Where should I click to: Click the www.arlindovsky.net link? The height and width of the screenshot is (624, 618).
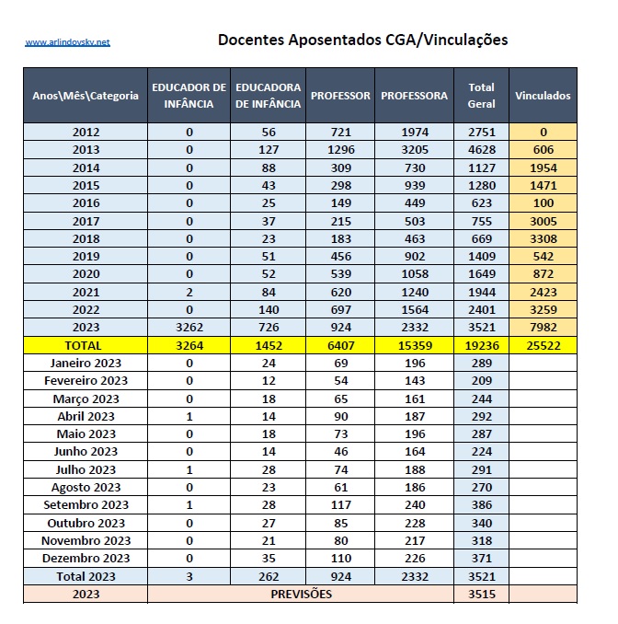(67, 42)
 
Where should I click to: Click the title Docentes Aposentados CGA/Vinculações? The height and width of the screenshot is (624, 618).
(362, 40)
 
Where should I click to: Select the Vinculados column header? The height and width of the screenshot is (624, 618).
(543, 96)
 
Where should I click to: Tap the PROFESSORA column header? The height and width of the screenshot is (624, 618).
(414, 96)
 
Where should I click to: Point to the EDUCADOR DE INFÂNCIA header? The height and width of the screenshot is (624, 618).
(189, 96)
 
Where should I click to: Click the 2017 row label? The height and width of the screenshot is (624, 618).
(86, 221)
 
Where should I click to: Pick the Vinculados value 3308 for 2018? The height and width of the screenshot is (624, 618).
(543, 238)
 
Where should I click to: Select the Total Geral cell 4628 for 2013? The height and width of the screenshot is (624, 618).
(481, 150)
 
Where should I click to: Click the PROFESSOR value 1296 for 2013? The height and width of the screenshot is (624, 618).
(340, 150)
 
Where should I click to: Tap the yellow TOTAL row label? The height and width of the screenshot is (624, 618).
(86, 345)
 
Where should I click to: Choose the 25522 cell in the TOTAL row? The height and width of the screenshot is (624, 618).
(543, 345)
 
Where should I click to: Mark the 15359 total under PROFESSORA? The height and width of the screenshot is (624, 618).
(414, 345)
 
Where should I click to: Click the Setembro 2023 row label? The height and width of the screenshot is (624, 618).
(86, 505)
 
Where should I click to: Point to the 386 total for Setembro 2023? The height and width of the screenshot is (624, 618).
(481, 505)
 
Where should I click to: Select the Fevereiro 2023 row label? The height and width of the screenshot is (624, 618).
(86, 381)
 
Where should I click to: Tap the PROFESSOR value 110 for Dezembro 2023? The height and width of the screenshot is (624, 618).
(340, 559)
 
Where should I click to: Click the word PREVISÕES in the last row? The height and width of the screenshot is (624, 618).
(301, 595)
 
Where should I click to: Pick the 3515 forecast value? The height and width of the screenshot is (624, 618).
(481, 595)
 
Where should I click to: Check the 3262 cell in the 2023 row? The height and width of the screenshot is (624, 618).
(189, 328)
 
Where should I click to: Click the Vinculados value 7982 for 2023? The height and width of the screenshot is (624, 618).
(543, 328)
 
